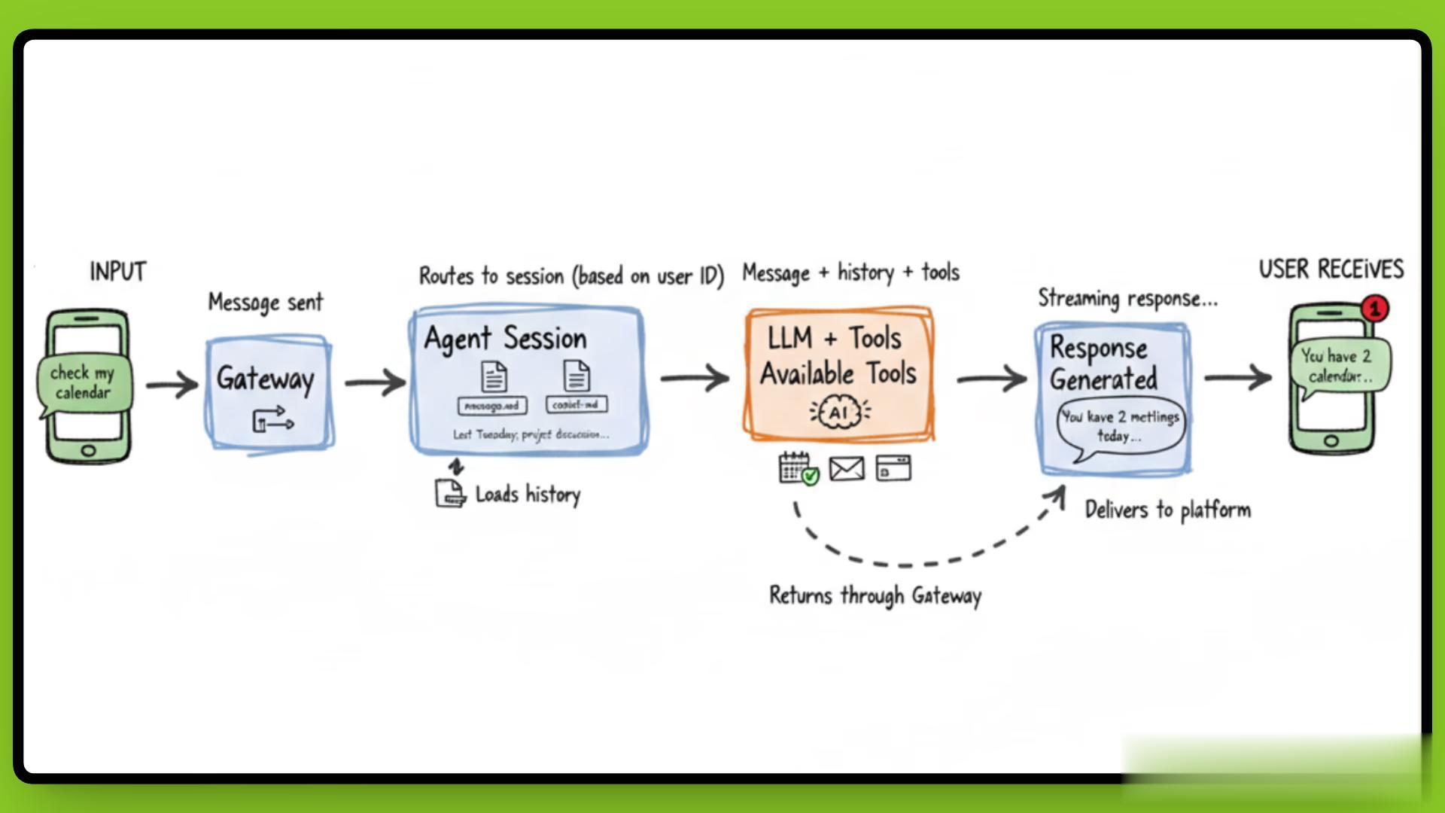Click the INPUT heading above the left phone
[118, 271]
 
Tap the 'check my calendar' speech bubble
[83, 382]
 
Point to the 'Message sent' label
[265, 303]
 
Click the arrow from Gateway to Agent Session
[375, 382]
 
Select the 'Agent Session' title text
[505, 339]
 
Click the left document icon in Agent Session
[494, 376]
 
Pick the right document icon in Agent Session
[576, 376]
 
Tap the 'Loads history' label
[528, 495]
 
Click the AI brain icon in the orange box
[839, 413]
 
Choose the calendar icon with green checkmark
[798, 468]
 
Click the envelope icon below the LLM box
[847, 468]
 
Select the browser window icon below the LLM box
[893, 468]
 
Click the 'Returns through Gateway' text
[875, 595]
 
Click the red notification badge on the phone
[1375, 308]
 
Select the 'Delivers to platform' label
[1167, 510]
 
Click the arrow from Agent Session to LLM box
[695, 378]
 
